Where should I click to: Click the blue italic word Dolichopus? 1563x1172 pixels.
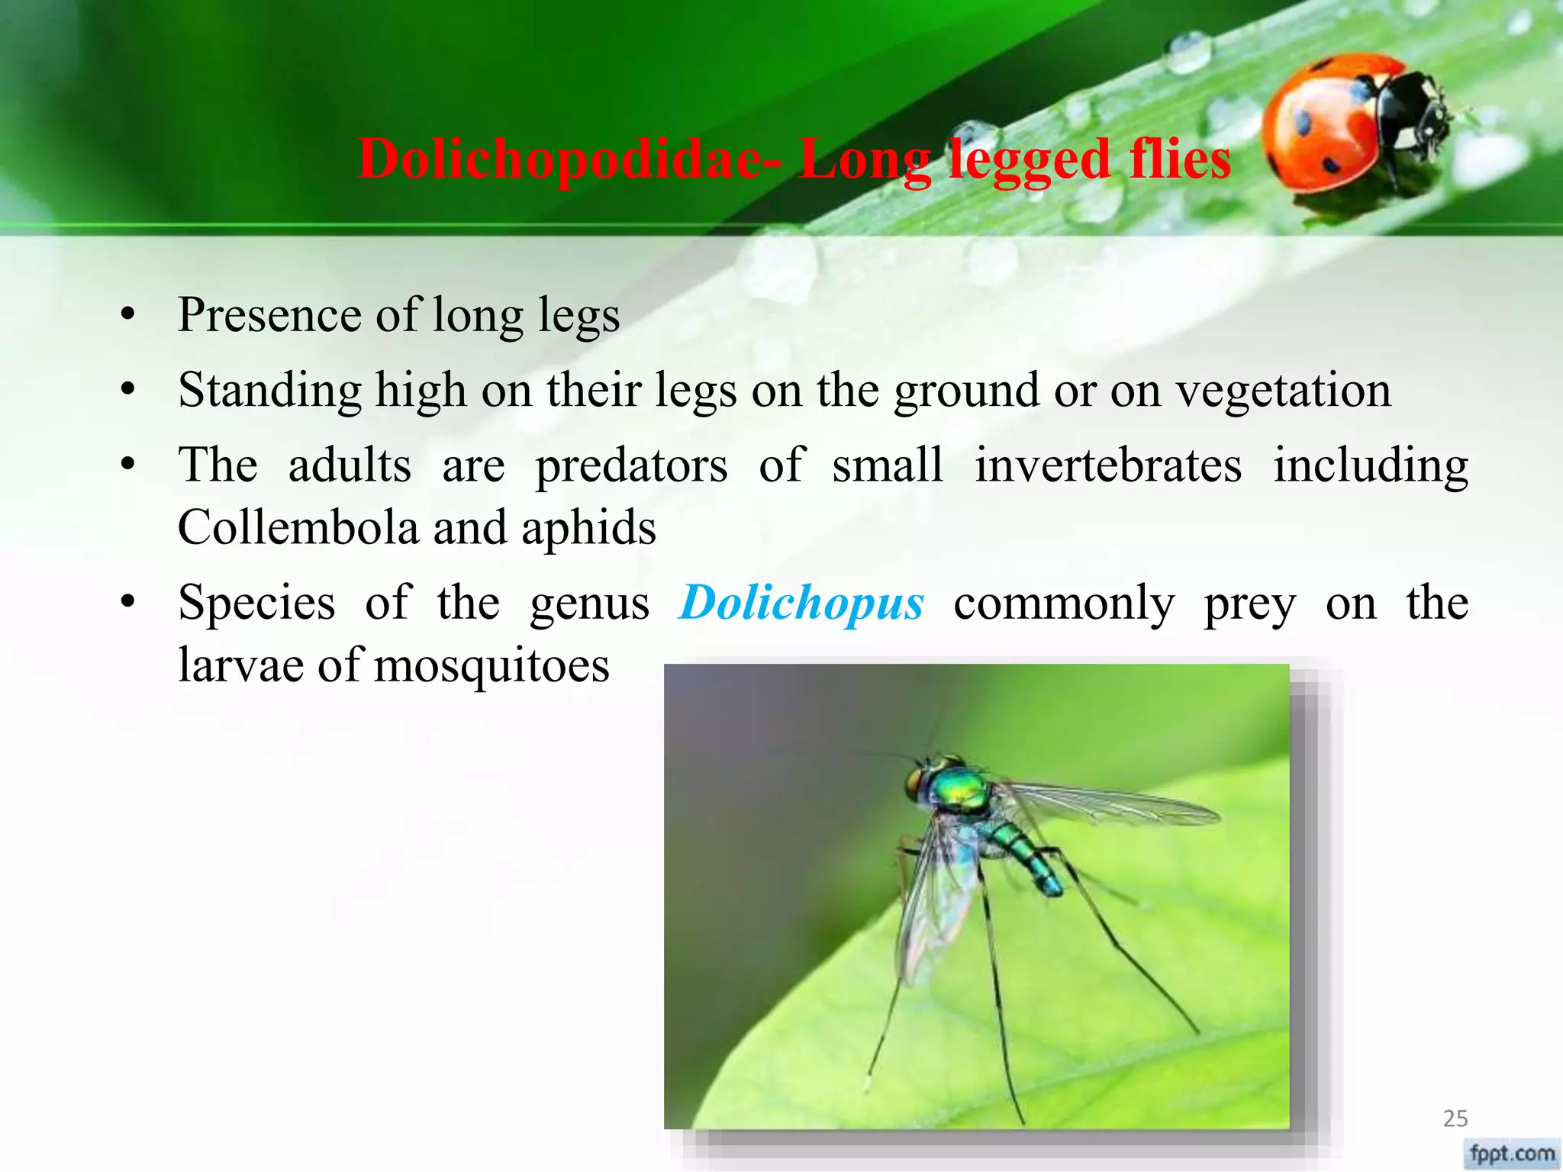(x=801, y=603)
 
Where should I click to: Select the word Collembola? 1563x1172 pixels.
(x=298, y=527)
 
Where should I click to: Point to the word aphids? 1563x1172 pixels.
(x=588, y=529)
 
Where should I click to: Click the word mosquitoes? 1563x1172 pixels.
(x=491, y=665)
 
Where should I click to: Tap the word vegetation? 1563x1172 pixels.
(x=1283, y=391)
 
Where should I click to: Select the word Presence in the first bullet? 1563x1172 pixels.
(x=269, y=315)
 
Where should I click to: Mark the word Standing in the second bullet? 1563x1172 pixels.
(x=269, y=391)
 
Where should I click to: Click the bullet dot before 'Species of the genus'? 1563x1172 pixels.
(x=127, y=603)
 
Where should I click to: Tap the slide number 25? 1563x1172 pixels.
(x=1455, y=1119)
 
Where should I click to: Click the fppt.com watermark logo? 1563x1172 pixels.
(x=1512, y=1153)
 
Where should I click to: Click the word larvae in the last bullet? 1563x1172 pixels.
(x=240, y=665)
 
